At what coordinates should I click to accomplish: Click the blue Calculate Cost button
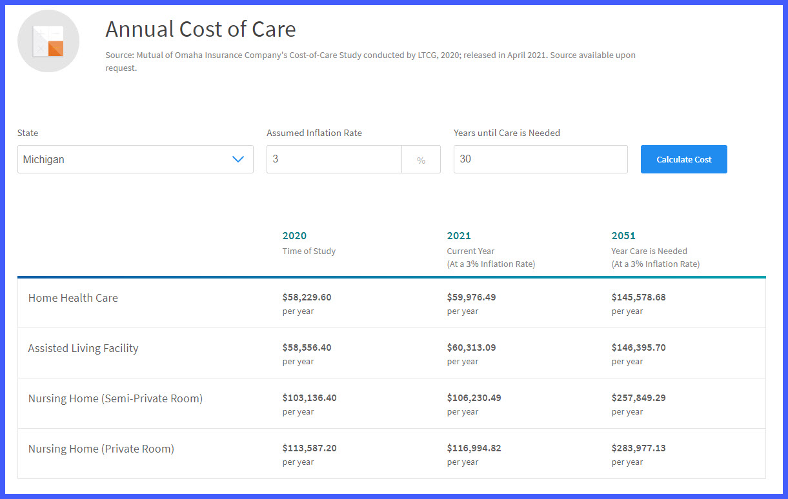point(683,159)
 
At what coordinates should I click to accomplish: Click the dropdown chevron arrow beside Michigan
point(238,159)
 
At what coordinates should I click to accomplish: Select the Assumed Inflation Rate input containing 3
point(334,159)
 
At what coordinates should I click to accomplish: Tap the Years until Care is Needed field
point(540,159)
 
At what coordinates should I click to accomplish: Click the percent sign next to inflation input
point(421,160)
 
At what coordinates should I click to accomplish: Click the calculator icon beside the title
point(48,41)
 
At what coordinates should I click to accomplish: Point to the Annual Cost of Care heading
point(201,30)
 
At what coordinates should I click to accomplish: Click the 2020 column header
point(294,236)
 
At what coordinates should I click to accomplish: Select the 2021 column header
point(459,236)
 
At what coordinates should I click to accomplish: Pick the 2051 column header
point(623,236)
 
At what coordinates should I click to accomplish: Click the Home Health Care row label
point(73,298)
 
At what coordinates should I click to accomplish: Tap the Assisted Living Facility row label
point(83,348)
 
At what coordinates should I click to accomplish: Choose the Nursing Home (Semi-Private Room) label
point(116,398)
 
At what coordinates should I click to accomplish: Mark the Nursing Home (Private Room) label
point(101,449)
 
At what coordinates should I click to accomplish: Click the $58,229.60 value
point(307,297)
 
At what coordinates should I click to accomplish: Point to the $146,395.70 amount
point(638,347)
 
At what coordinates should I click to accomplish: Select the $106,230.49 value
point(474,398)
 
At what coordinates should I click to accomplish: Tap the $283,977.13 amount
point(638,448)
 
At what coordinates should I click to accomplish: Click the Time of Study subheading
point(308,251)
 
